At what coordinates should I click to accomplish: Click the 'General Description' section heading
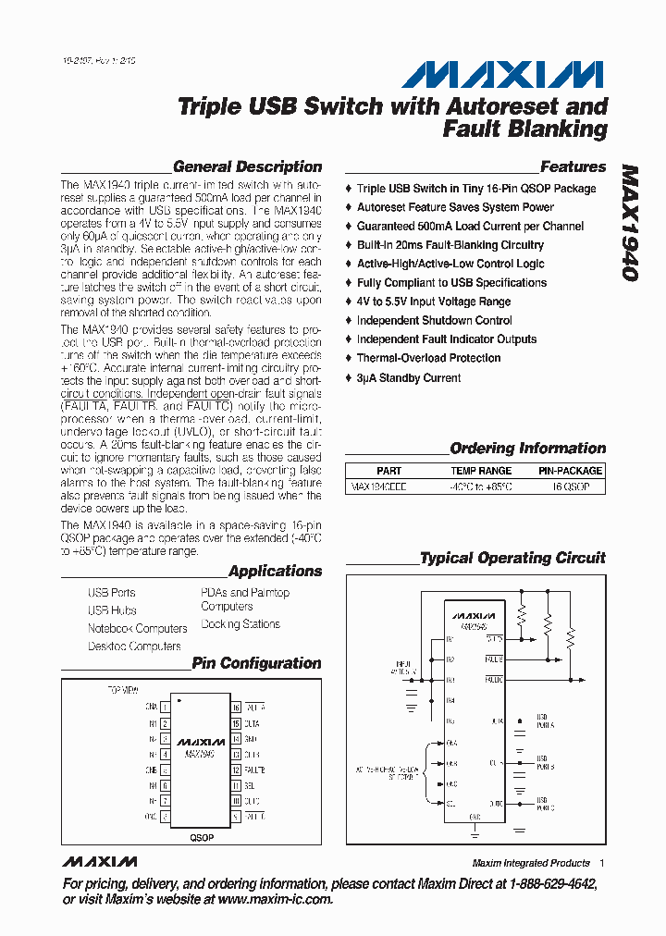[x=247, y=167]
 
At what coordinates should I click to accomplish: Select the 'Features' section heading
[x=573, y=167]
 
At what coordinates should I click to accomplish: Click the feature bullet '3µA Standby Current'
[x=409, y=377]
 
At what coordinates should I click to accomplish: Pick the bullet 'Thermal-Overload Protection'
[x=428, y=358]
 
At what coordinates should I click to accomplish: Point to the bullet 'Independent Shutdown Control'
[x=434, y=320]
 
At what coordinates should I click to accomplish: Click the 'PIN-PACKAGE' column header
[x=570, y=471]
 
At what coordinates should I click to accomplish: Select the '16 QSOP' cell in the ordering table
[x=570, y=486]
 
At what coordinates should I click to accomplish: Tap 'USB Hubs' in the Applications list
[x=112, y=610]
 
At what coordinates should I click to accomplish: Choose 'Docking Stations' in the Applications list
[x=240, y=624]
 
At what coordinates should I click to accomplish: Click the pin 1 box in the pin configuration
[x=165, y=707]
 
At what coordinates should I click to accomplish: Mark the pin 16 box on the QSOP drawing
[x=236, y=707]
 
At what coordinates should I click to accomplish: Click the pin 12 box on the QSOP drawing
[x=236, y=770]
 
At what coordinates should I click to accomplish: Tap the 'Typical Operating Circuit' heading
[x=512, y=559]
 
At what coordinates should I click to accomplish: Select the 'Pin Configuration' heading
[x=256, y=664]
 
